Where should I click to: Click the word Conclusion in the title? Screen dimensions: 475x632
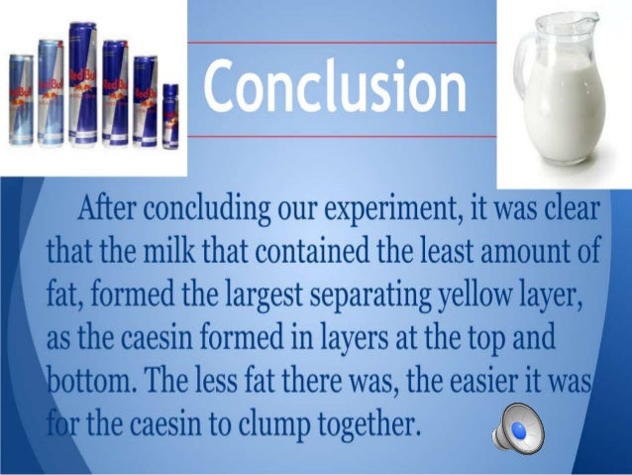pos(336,85)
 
